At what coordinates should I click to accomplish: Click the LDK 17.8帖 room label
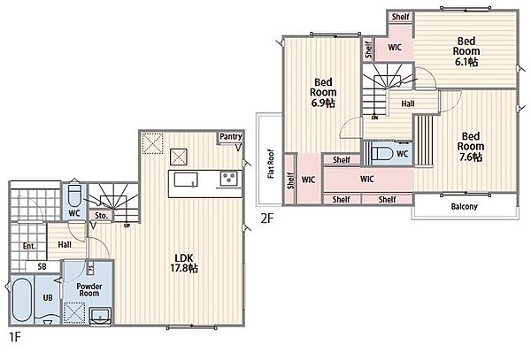184,263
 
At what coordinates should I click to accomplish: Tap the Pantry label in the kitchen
231,137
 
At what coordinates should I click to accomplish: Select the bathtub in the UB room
21,301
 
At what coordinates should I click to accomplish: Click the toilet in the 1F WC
74,195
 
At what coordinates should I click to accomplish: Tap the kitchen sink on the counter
186,180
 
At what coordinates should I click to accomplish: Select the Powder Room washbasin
101,316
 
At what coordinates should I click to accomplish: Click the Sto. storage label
101,216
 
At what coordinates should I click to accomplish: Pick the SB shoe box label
42,266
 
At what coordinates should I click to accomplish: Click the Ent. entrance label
29,246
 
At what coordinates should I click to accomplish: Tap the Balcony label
464,206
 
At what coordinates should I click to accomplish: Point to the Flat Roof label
271,164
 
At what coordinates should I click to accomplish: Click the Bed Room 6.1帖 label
466,51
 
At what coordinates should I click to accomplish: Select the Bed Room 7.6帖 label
471,147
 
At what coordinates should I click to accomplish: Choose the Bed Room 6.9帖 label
323,92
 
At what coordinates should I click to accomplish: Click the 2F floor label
266,218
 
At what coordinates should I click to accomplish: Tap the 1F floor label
14,337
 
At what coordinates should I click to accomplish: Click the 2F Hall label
408,103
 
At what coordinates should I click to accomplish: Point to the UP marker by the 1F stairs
127,226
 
